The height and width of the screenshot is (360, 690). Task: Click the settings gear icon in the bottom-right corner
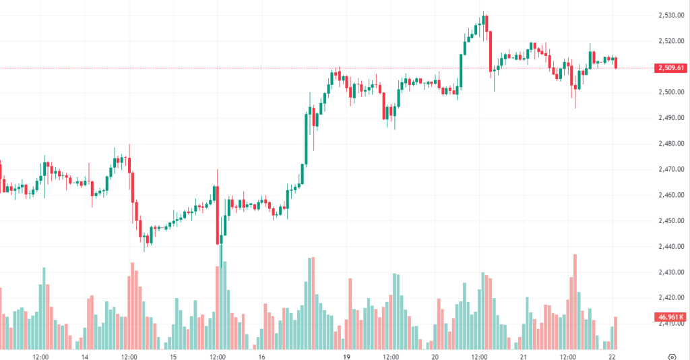[x=672, y=355]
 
